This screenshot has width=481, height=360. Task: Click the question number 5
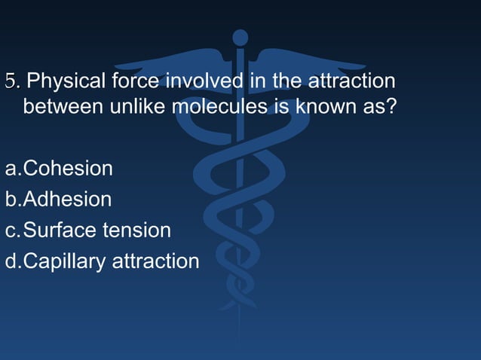pyautogui.click(x=10, y=80)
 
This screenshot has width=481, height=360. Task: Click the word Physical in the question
pyautogui.click(x=69, y=80)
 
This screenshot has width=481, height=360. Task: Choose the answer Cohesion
pyautogui.click(x=68, y=168)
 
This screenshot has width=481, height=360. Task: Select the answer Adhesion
pyautogui.click(x=67, y=200)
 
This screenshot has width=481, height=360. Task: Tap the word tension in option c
pyautogui.click(x=134, y=230)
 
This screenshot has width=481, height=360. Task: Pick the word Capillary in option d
pyautogui.click(x=65, y=261)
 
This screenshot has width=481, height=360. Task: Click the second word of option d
pyautogui.click(x=156, y=261)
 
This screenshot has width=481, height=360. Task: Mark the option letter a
pyautogui.click(x=10, y=169)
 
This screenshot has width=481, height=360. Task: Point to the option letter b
pyautogui.click(x=10, y=200)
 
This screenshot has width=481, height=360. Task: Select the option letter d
pyautogui.click(x=10, y=261)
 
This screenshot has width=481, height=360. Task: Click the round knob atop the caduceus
pyautogui.click(x=240, y=37)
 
